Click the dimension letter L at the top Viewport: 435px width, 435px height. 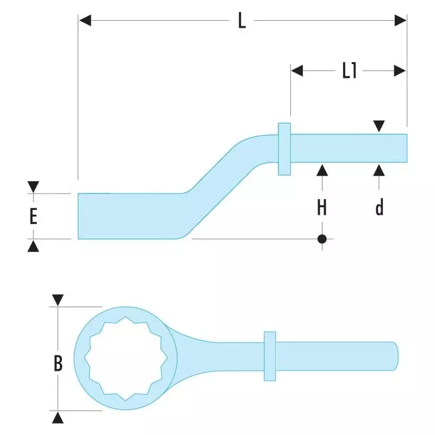pos(241,21)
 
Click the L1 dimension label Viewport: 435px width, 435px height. pos(349,71)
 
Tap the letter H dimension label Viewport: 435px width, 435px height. pos(322,207)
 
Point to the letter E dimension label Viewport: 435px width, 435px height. pos(33,216)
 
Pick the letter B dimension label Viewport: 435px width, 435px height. pos(58,363)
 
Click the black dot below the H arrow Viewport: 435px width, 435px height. pos(322,239)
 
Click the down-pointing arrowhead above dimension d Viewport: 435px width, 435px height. pos(379,126)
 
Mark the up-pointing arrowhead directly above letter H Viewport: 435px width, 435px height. pos(322,170)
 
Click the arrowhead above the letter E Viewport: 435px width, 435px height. pos(33,187)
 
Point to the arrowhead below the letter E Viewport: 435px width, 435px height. pos(33,246)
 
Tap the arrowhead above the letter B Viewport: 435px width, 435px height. pos(58,300)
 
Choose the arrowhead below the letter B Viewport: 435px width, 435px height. pos(58,418)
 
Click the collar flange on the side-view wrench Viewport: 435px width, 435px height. pos(284,148)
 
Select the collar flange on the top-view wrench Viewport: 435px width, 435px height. pos(270,356)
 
